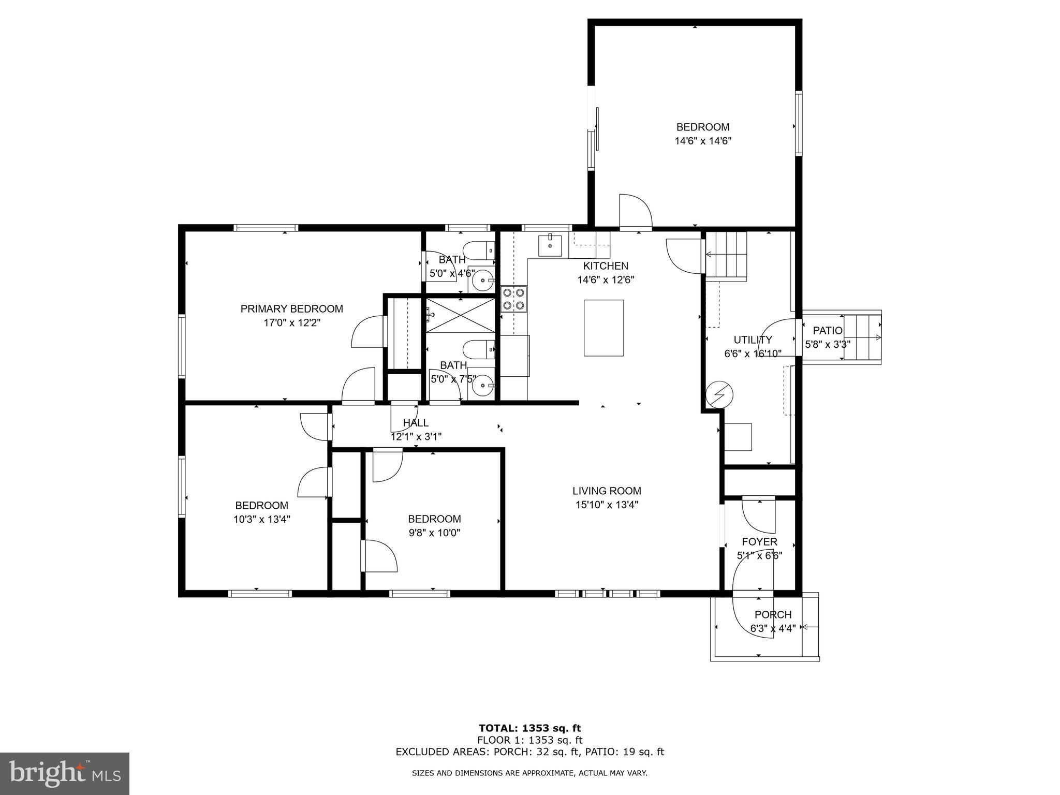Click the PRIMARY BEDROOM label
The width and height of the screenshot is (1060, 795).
point(291,309)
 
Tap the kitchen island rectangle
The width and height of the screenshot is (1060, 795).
point(603,328)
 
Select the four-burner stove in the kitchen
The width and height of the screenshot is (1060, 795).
point(513,299)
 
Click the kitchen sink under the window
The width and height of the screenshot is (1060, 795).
point(550,245)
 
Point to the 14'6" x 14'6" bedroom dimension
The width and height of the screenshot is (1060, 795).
point(702,141)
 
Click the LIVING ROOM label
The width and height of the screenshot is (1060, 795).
point(607,491)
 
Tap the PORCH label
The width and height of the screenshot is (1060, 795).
point(773,614)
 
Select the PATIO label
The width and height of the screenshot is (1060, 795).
point(827,331)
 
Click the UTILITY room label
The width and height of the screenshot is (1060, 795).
point(753,340)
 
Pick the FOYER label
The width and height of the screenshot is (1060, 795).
point(759,542)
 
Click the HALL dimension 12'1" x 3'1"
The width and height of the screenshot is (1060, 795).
point(416,437)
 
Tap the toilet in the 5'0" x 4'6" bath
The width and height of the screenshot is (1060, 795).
point(479,251)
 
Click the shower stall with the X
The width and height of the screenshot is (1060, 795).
point(460,315)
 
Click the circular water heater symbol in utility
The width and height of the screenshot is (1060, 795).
point(720,395)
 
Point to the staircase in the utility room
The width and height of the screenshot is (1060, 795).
point(727,256)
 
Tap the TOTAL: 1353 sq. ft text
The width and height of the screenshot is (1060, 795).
point(529,729)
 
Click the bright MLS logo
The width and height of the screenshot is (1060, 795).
point(64,774)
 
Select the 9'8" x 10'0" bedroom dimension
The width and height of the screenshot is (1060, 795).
point(434,533)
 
